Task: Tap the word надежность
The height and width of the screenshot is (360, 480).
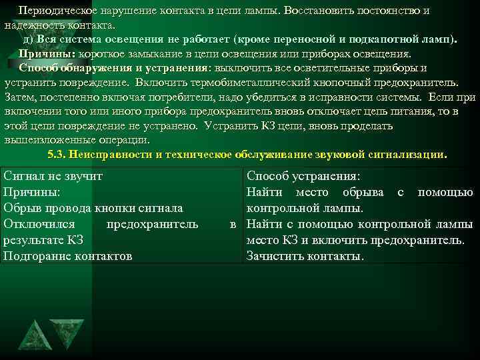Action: point(31,25)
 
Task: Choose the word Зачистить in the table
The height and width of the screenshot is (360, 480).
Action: point(274,255)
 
